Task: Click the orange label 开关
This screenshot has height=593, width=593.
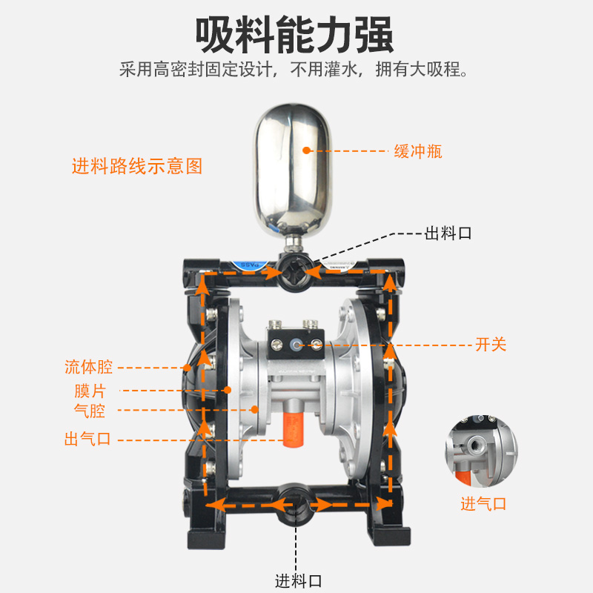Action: click(491, 345)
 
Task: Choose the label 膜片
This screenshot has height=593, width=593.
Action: click(91, 390)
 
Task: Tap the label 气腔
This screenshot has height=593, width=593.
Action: click(90, 410)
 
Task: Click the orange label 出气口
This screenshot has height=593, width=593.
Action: click(87, 439)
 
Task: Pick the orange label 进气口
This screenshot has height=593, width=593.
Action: click(483, 504)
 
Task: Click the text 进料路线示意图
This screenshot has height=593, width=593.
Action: click(136, 166)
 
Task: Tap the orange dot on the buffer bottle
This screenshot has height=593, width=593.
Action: click(305, 150)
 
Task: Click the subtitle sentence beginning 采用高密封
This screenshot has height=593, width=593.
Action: click(296, 71)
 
